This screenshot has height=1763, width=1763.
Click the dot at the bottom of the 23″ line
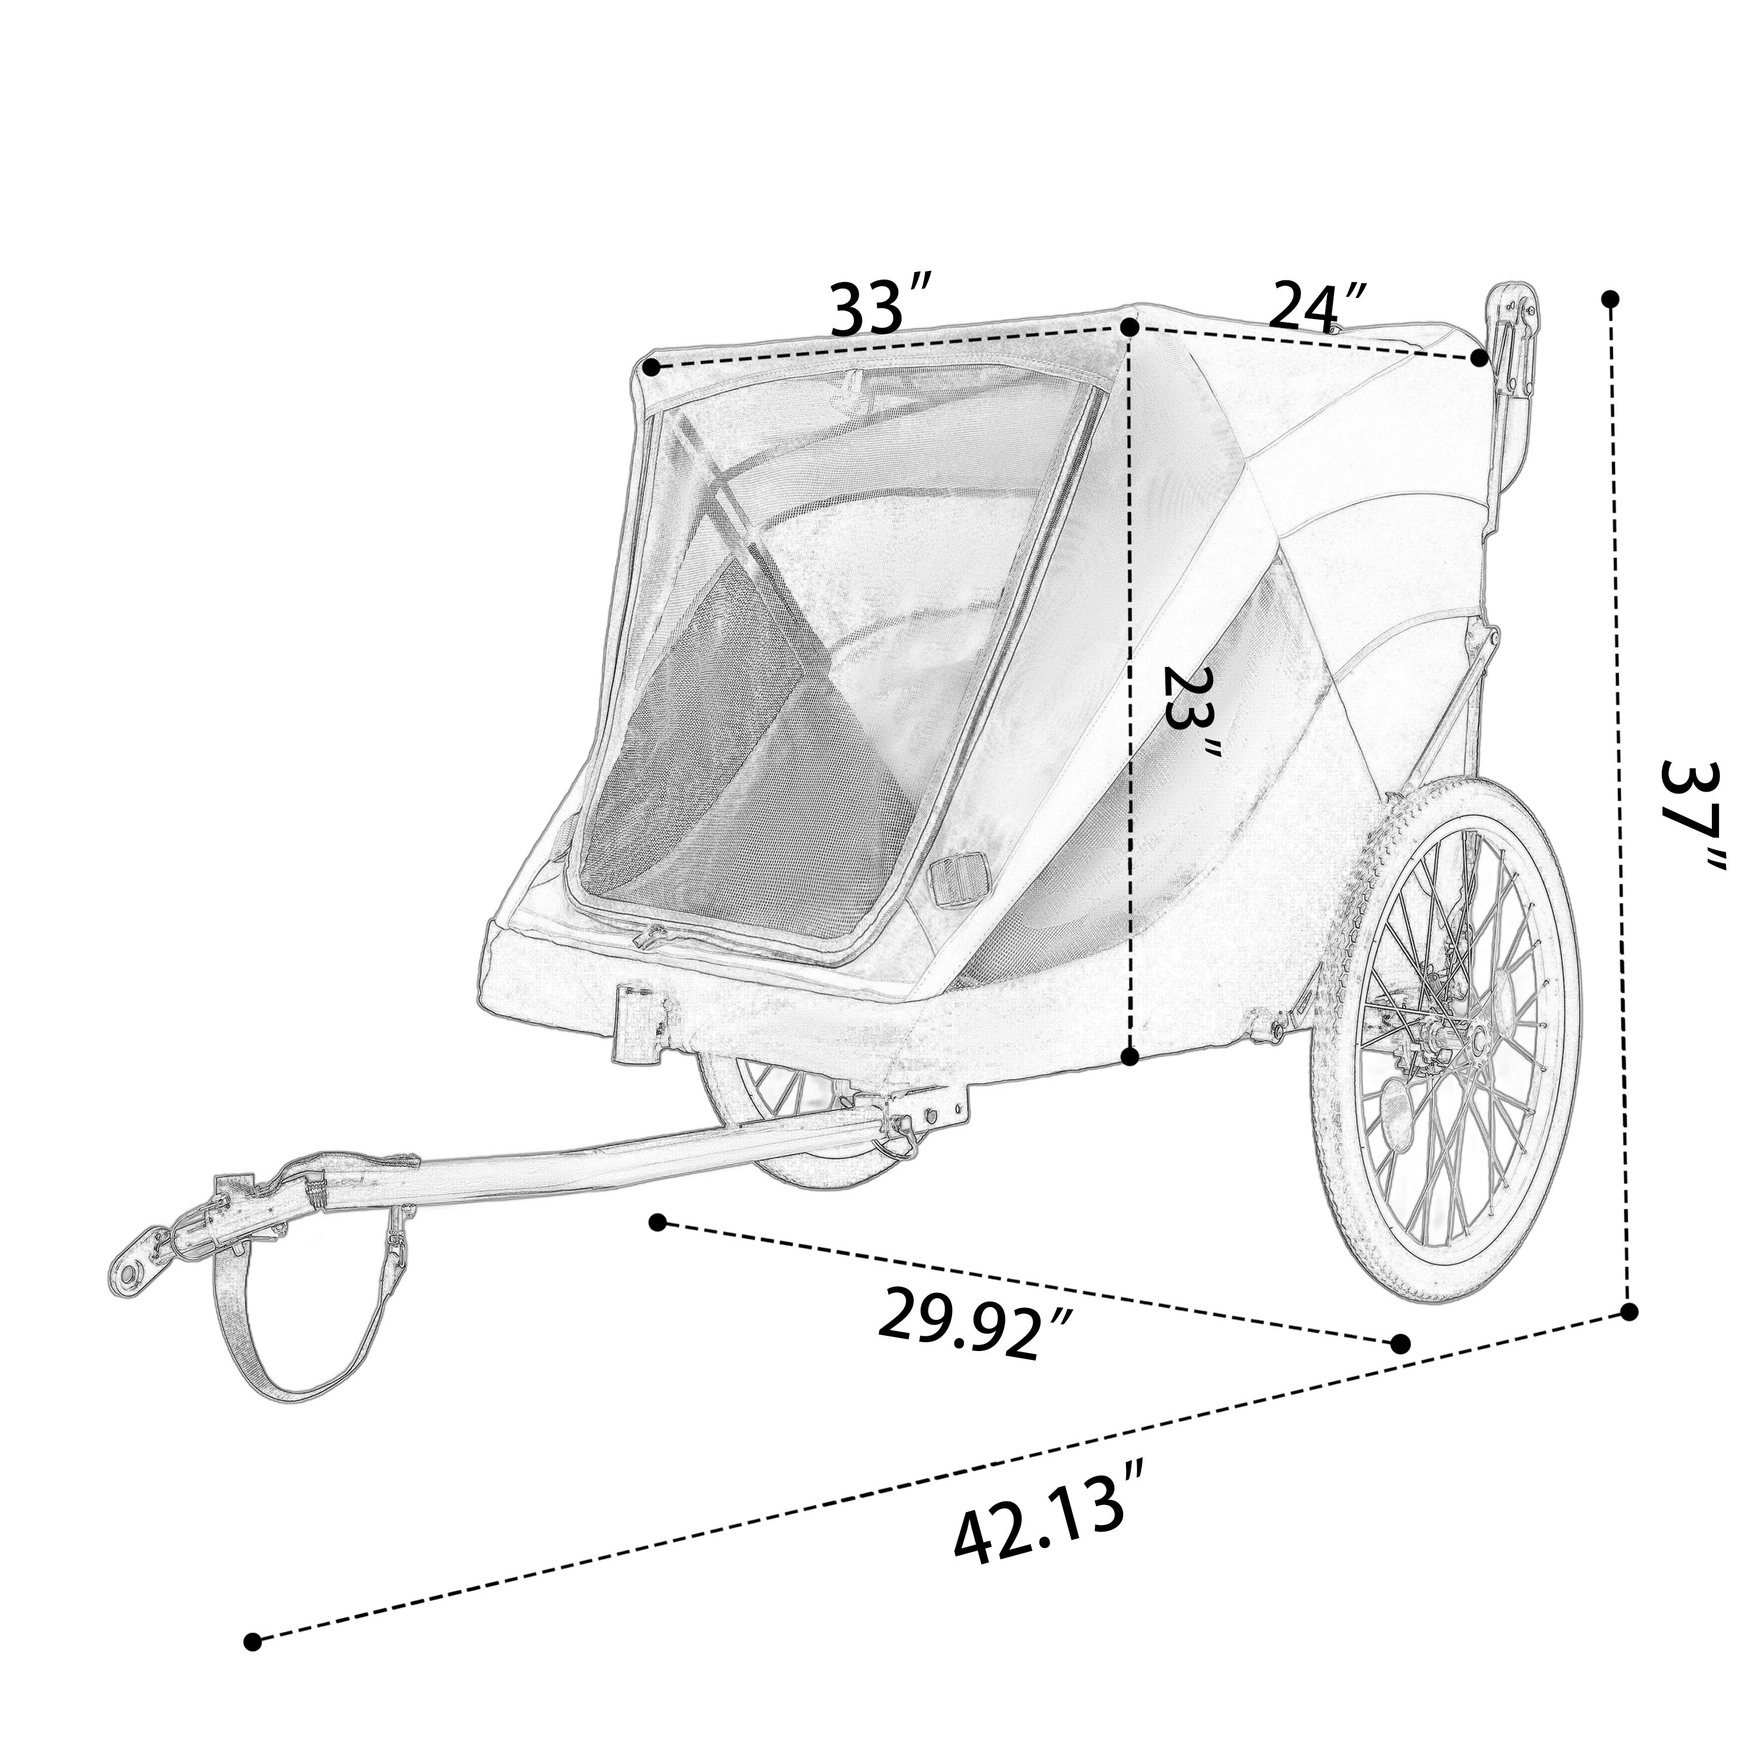[x=1129, y=1057]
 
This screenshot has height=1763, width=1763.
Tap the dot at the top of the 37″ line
[x=1611, y=299]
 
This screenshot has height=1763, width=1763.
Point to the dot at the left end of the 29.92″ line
[x=657, y=1222]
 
